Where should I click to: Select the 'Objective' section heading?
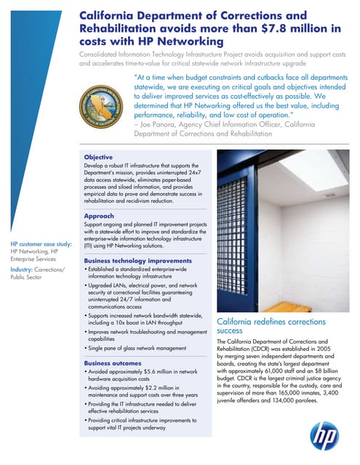click(x=98, y=157)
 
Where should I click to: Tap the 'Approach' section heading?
click(x=99, y=216)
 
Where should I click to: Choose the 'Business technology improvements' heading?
click(x=137, y=260)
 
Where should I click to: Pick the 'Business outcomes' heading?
click(x=113, y=363)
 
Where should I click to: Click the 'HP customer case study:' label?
click(x=41, y=244)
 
